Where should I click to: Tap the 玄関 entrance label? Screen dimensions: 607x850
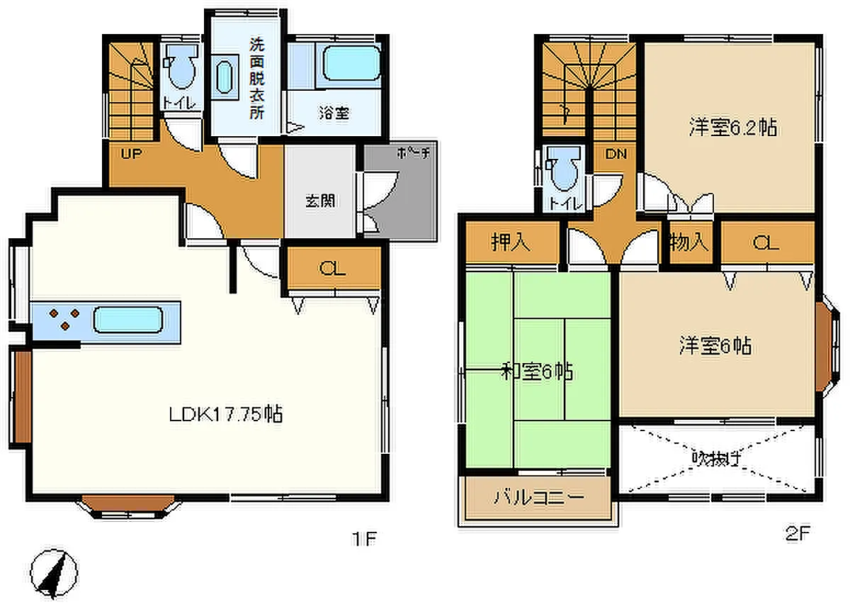(x=320, y=201)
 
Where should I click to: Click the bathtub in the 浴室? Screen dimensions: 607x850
(x=352, y=65)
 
